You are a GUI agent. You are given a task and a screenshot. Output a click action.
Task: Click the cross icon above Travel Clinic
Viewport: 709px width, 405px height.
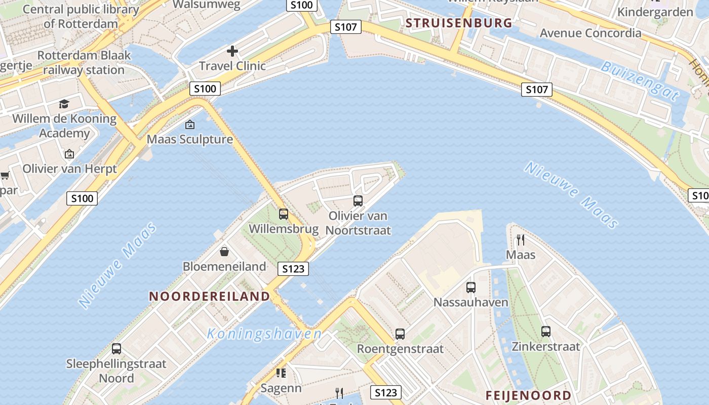(232, 51)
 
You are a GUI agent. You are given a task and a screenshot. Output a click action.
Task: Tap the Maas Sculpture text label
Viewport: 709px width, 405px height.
(190, 139)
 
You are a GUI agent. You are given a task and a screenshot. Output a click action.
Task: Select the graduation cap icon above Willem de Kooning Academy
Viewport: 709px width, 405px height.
(64, 104)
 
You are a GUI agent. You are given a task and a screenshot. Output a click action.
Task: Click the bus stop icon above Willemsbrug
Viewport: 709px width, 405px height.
(284, 214)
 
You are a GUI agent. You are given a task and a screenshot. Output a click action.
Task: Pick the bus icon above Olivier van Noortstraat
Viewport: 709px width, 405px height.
(358, 201)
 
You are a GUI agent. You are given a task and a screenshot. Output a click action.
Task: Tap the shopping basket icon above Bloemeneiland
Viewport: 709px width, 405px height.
(224, 252)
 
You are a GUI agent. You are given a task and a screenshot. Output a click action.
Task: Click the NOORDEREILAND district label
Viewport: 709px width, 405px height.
(209, 297)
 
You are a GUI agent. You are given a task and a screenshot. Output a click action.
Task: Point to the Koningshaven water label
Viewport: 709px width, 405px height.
(264, 334)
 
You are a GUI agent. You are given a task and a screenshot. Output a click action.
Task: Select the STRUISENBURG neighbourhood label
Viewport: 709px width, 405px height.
(459, 23)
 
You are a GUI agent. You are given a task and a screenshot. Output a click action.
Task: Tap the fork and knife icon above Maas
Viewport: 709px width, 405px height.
(520, 239)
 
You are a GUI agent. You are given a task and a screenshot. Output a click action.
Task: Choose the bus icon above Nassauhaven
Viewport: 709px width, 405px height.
(471, 288)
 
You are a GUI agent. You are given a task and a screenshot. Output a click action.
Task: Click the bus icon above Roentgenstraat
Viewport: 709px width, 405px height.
(400, 334)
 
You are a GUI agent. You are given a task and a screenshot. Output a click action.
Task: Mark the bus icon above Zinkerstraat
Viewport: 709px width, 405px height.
(546, 332)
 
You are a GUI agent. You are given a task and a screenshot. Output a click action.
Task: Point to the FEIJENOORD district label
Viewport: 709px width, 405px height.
(528, 395)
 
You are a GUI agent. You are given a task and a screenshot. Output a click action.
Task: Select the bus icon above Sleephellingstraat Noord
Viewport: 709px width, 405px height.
(116, 349)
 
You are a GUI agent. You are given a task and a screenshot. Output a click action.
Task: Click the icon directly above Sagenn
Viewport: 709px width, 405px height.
(281, 374)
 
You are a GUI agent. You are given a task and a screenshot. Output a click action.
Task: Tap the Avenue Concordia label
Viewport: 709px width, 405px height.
(590, 33)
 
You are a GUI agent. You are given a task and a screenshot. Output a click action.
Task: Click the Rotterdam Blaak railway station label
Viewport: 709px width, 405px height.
(84, 62)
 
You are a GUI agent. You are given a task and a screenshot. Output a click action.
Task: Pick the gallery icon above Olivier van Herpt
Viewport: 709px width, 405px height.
(69, 154)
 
